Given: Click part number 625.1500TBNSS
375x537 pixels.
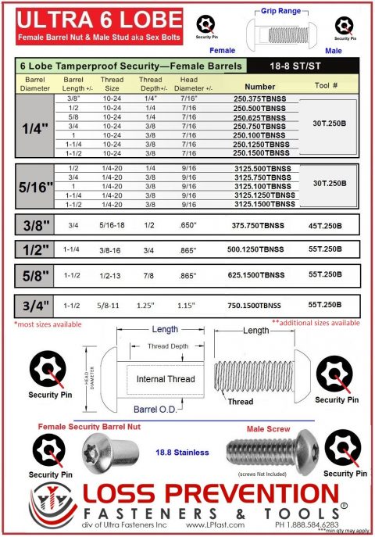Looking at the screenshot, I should (x=260, y=275).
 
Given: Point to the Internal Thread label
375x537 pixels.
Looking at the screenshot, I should (x=166, y=379).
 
